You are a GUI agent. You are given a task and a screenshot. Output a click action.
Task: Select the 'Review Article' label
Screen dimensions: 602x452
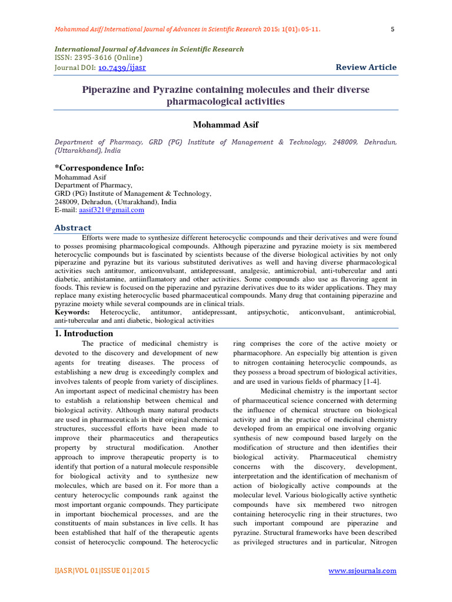click(x=366, y=68)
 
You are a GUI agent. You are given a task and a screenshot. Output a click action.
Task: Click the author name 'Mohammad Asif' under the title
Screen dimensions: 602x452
click(x=225, y=125)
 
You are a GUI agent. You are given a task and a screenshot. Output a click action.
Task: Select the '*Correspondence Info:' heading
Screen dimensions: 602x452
click(x=99, y=168)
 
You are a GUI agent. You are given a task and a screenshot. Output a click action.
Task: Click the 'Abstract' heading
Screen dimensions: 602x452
click(x=73, y=228)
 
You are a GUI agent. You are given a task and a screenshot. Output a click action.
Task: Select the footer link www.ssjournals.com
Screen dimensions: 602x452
click(x=363, y=571)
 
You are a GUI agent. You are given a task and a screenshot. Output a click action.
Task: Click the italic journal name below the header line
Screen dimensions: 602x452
click(x=149, y=49)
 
